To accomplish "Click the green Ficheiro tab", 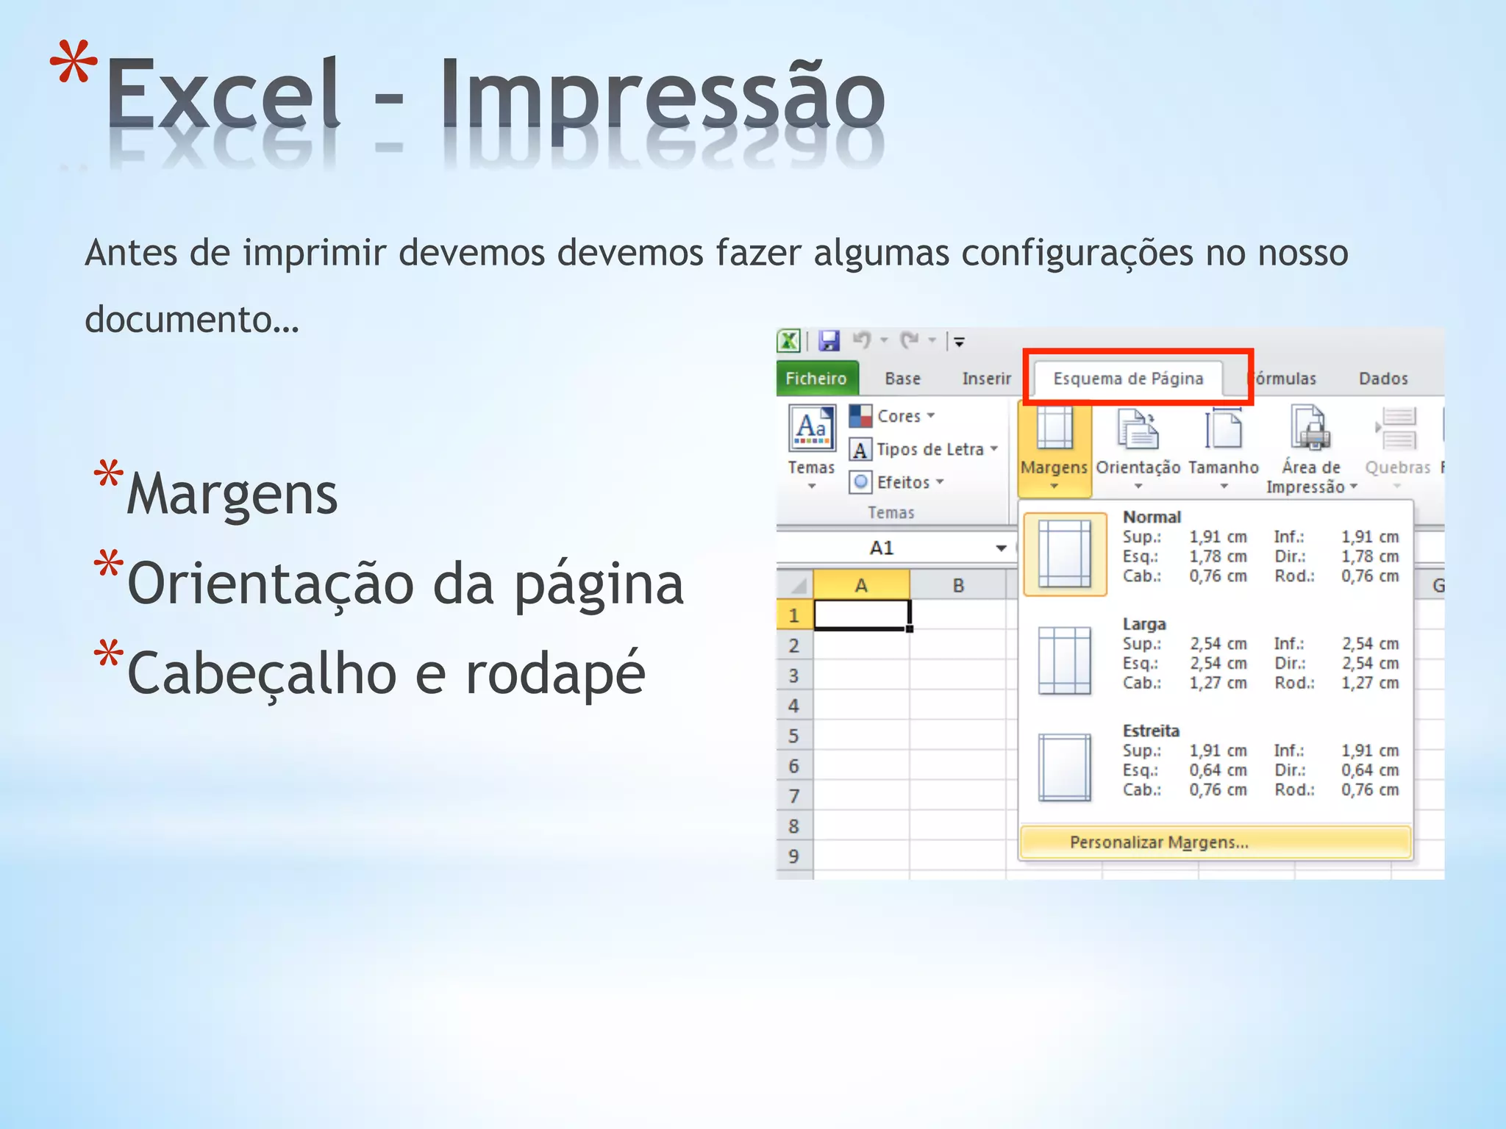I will coord(816,379).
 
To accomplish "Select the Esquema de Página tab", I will coord(1128,379).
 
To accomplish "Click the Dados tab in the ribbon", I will coord(1382,379).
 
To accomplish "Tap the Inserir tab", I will coord(986,379).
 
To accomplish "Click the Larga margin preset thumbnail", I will coord(1064,660).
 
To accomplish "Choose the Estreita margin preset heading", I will coord(1151,731).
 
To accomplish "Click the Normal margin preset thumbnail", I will coord(1065,553).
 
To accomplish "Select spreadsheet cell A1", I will coord(861,614).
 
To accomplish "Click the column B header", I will coord(958,586).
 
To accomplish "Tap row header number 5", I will coord(793,736).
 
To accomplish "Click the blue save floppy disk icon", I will coord(829,340).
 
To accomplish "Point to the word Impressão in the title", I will coord(662,96).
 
